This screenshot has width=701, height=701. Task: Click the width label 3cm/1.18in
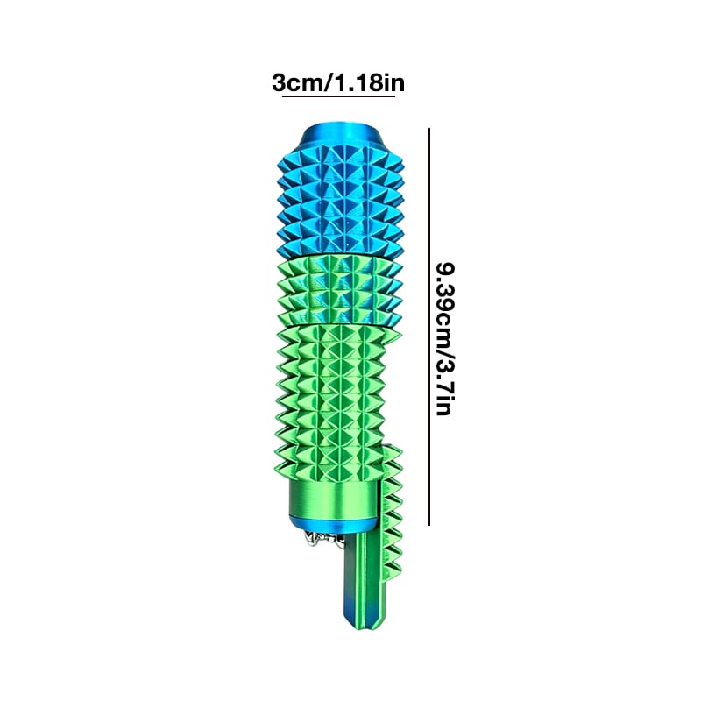click(338, 83)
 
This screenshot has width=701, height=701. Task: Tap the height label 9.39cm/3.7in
click(446, 339)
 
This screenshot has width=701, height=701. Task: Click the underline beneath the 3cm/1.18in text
click(338, 96)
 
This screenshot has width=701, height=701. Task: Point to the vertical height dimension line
click(429, 326)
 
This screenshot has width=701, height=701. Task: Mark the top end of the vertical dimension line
click(429, 129)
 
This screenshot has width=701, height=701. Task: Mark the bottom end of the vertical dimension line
click(429, 524)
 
